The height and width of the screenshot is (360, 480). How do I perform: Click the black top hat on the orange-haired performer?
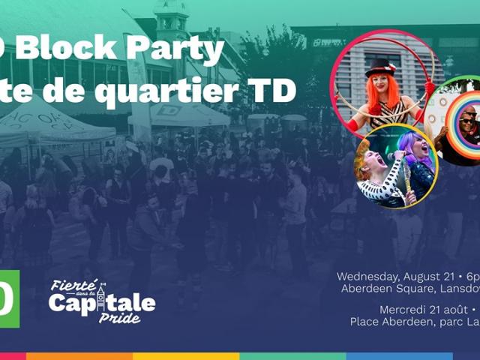coord(381,67)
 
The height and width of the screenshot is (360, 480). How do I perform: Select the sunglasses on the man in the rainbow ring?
coord(466,121)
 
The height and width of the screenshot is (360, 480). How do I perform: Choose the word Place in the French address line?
coord(366,322)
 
